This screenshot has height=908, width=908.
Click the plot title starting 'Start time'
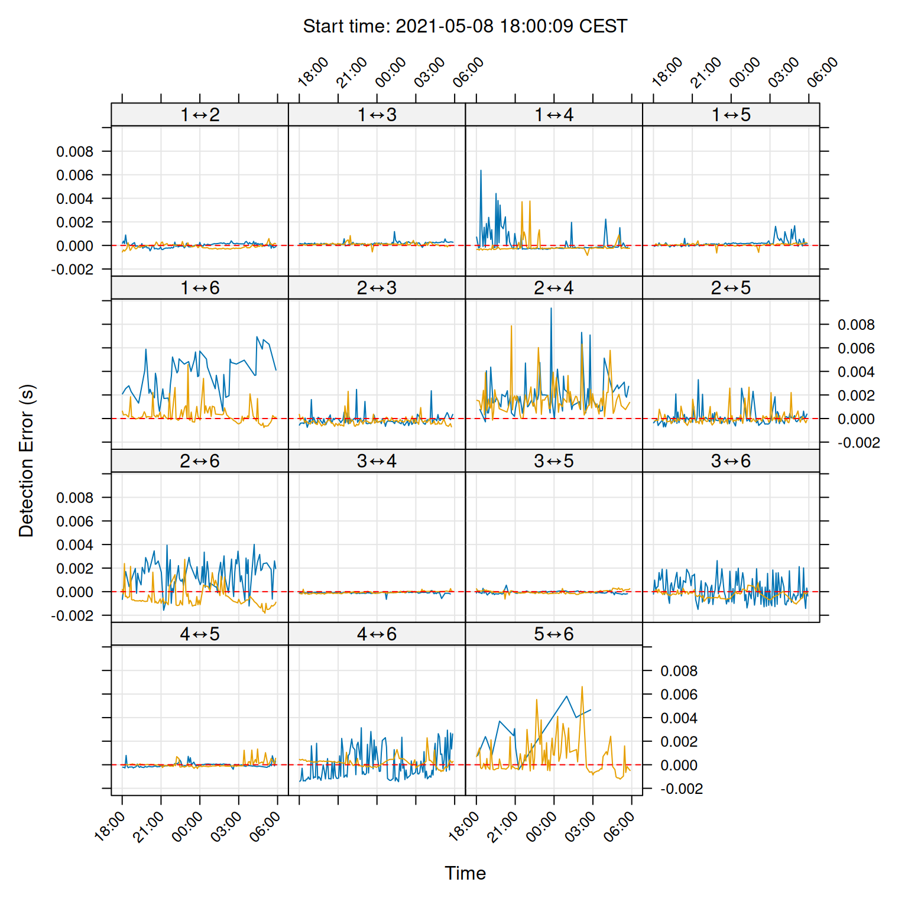click(x=465, y=27)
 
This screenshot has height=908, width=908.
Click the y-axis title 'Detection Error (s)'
click(x=27, y=461)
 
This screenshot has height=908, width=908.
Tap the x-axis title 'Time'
click(x=465, y=873)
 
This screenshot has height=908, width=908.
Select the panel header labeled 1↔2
click(x=200, y=115)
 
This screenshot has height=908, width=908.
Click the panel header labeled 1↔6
click(x=200, y=288)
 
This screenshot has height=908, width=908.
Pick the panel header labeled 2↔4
click(x=554, y=288)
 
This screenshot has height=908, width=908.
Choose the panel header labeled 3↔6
click(x=731, y=461)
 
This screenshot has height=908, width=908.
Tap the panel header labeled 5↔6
click(x=554, y=634)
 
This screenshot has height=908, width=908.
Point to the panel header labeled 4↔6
click(x=377, y=634)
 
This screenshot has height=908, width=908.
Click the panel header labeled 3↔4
click(x=377, y=461)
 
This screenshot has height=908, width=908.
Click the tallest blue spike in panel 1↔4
click(x=481, y=171)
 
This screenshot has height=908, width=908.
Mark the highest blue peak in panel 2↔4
click(x=552, y=309)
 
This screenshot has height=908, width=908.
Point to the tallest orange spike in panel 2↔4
click(x=511, y=326)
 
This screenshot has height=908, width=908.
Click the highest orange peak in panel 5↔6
click(x=582, y=688)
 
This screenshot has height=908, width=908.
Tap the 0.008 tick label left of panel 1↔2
click(x=74, y=152)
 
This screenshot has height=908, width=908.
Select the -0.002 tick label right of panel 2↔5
click(x=858, y=443)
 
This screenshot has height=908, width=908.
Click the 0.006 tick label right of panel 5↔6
click(x=679, y=695)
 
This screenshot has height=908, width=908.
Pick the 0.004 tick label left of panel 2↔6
click(x=74, y=545)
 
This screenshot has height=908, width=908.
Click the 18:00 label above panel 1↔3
click(x=313, y=73)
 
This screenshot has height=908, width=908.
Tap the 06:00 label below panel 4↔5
click(x=265, y=826)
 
